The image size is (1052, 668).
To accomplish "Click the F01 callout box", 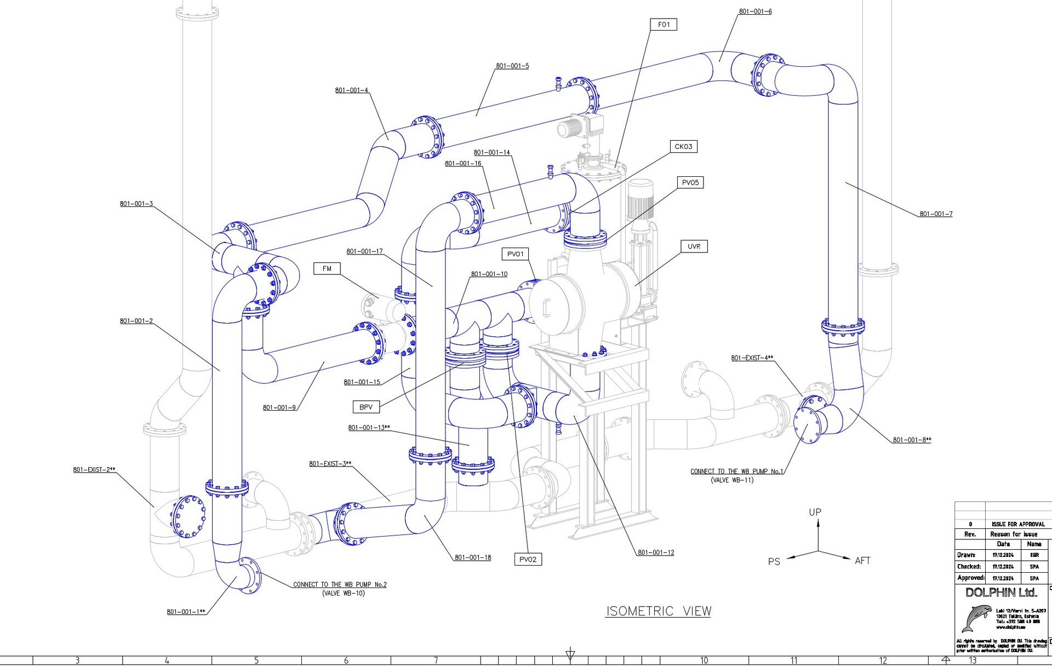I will (664, 25).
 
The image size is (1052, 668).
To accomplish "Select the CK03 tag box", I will (683, 147).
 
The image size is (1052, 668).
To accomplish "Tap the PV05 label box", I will (690, 183).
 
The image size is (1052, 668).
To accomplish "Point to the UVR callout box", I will (694, 246).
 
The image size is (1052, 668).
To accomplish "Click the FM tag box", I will (327, 269).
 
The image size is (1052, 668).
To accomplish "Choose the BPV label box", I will (366, 407).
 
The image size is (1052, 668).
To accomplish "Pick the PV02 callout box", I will (528, 559).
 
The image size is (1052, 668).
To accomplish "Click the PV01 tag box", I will (516, 254).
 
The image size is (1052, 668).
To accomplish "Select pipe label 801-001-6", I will (755, 11).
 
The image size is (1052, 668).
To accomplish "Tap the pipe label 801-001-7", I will (936, 214).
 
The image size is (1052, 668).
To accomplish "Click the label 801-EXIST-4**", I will (752, 358).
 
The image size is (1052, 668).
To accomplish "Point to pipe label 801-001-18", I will (473, 558).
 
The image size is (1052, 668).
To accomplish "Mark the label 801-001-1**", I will (186, 612).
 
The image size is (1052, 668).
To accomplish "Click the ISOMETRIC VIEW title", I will (658, 611).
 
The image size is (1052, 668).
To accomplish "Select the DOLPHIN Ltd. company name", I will (1001, 592).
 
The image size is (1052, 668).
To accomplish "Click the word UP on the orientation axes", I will (815, 512).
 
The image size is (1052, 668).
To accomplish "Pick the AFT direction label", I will (862, 561).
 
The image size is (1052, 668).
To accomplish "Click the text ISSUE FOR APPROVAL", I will (1018, 524).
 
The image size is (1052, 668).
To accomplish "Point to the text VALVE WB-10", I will (344, 594).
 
